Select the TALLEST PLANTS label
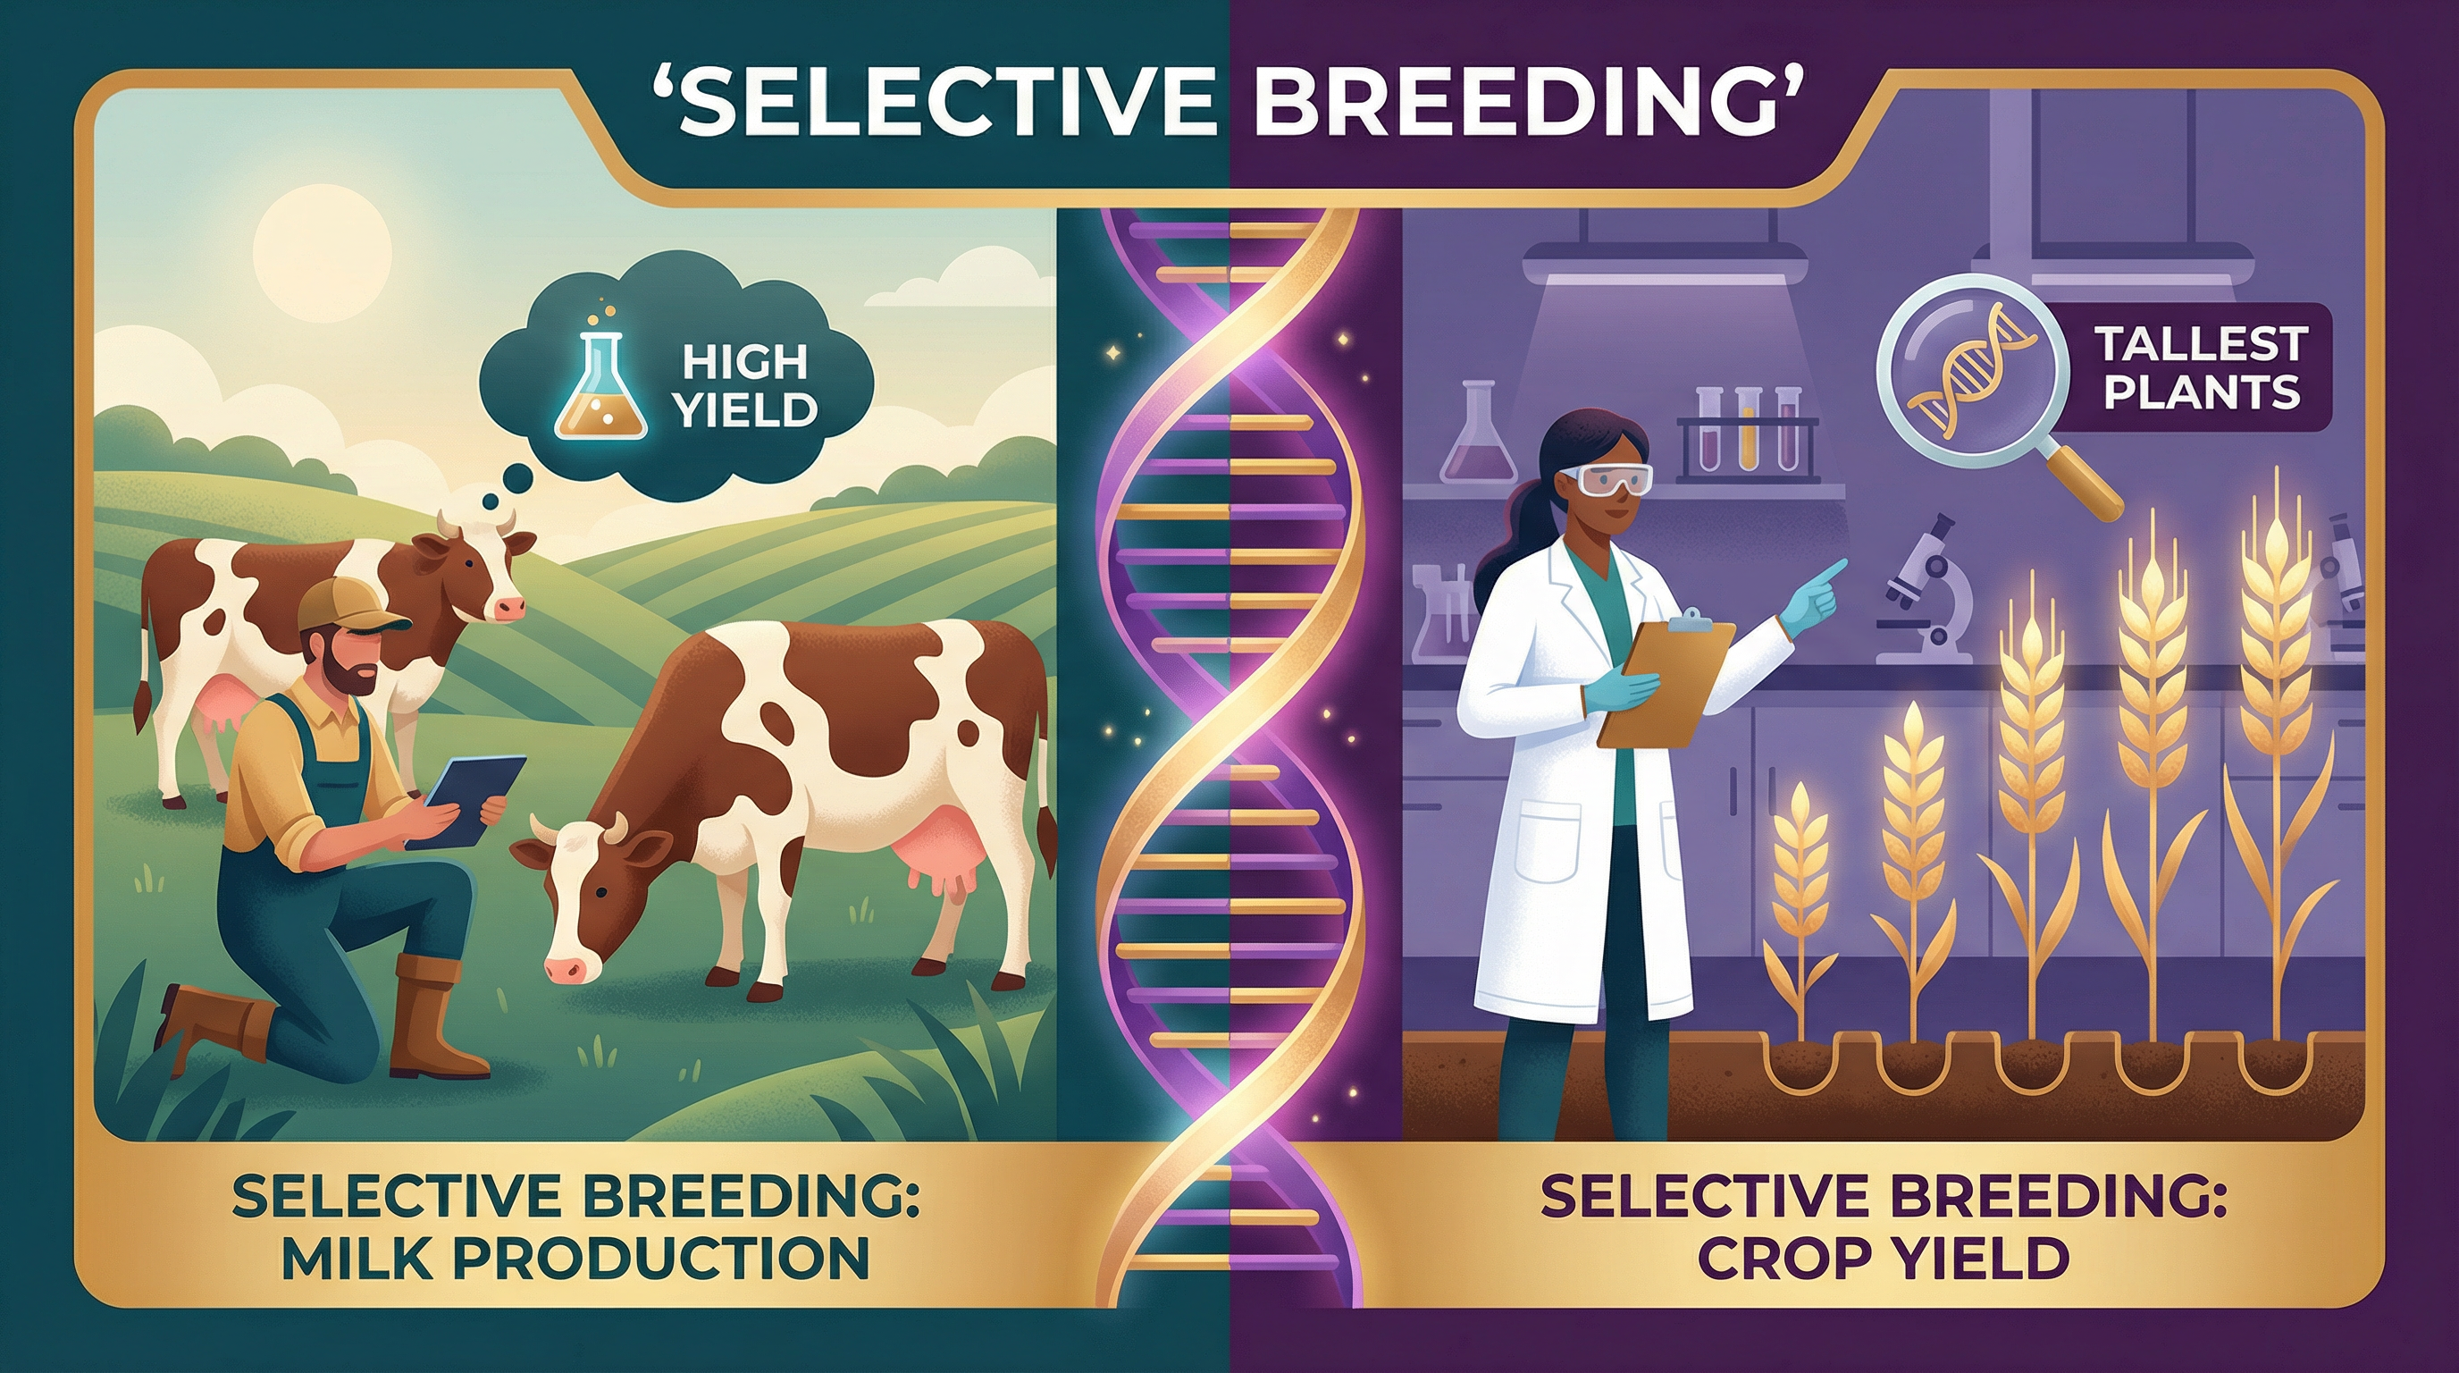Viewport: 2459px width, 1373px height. (x=2199, y=366)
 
